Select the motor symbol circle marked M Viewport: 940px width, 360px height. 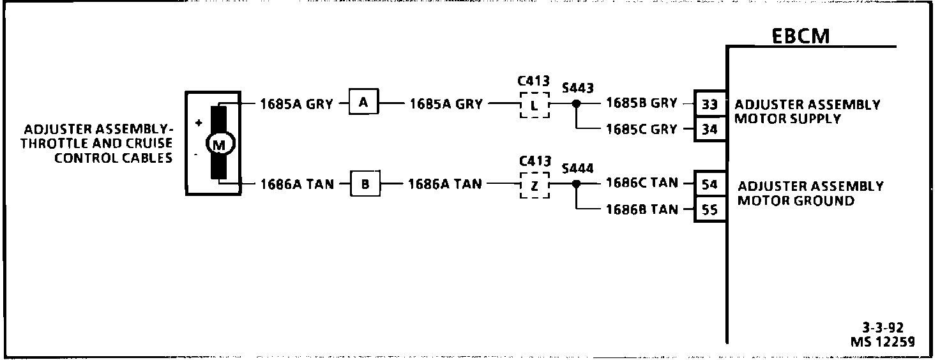click(219, 144)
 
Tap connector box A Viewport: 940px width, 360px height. click(363, 103)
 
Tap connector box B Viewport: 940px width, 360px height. click(365, 185)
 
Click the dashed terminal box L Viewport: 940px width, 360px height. click(534, 105)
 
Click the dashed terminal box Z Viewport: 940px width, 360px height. click(534, 185)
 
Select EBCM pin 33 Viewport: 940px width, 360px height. click(709, 104)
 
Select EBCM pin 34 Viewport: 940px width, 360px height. click(709, 130)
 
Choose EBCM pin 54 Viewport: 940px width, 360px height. click(709, 184)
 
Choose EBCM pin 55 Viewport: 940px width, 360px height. click(709, 210)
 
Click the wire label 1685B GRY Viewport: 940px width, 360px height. click(641, 103)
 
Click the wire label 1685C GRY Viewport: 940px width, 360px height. click(641, 130)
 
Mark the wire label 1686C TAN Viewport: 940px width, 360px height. click(641, 183)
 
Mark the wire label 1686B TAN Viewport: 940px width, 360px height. click(641, 209)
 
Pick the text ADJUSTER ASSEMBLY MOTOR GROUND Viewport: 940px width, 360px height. click(810, 193)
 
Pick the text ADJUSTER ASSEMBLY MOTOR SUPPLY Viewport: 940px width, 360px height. click(807, 112)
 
